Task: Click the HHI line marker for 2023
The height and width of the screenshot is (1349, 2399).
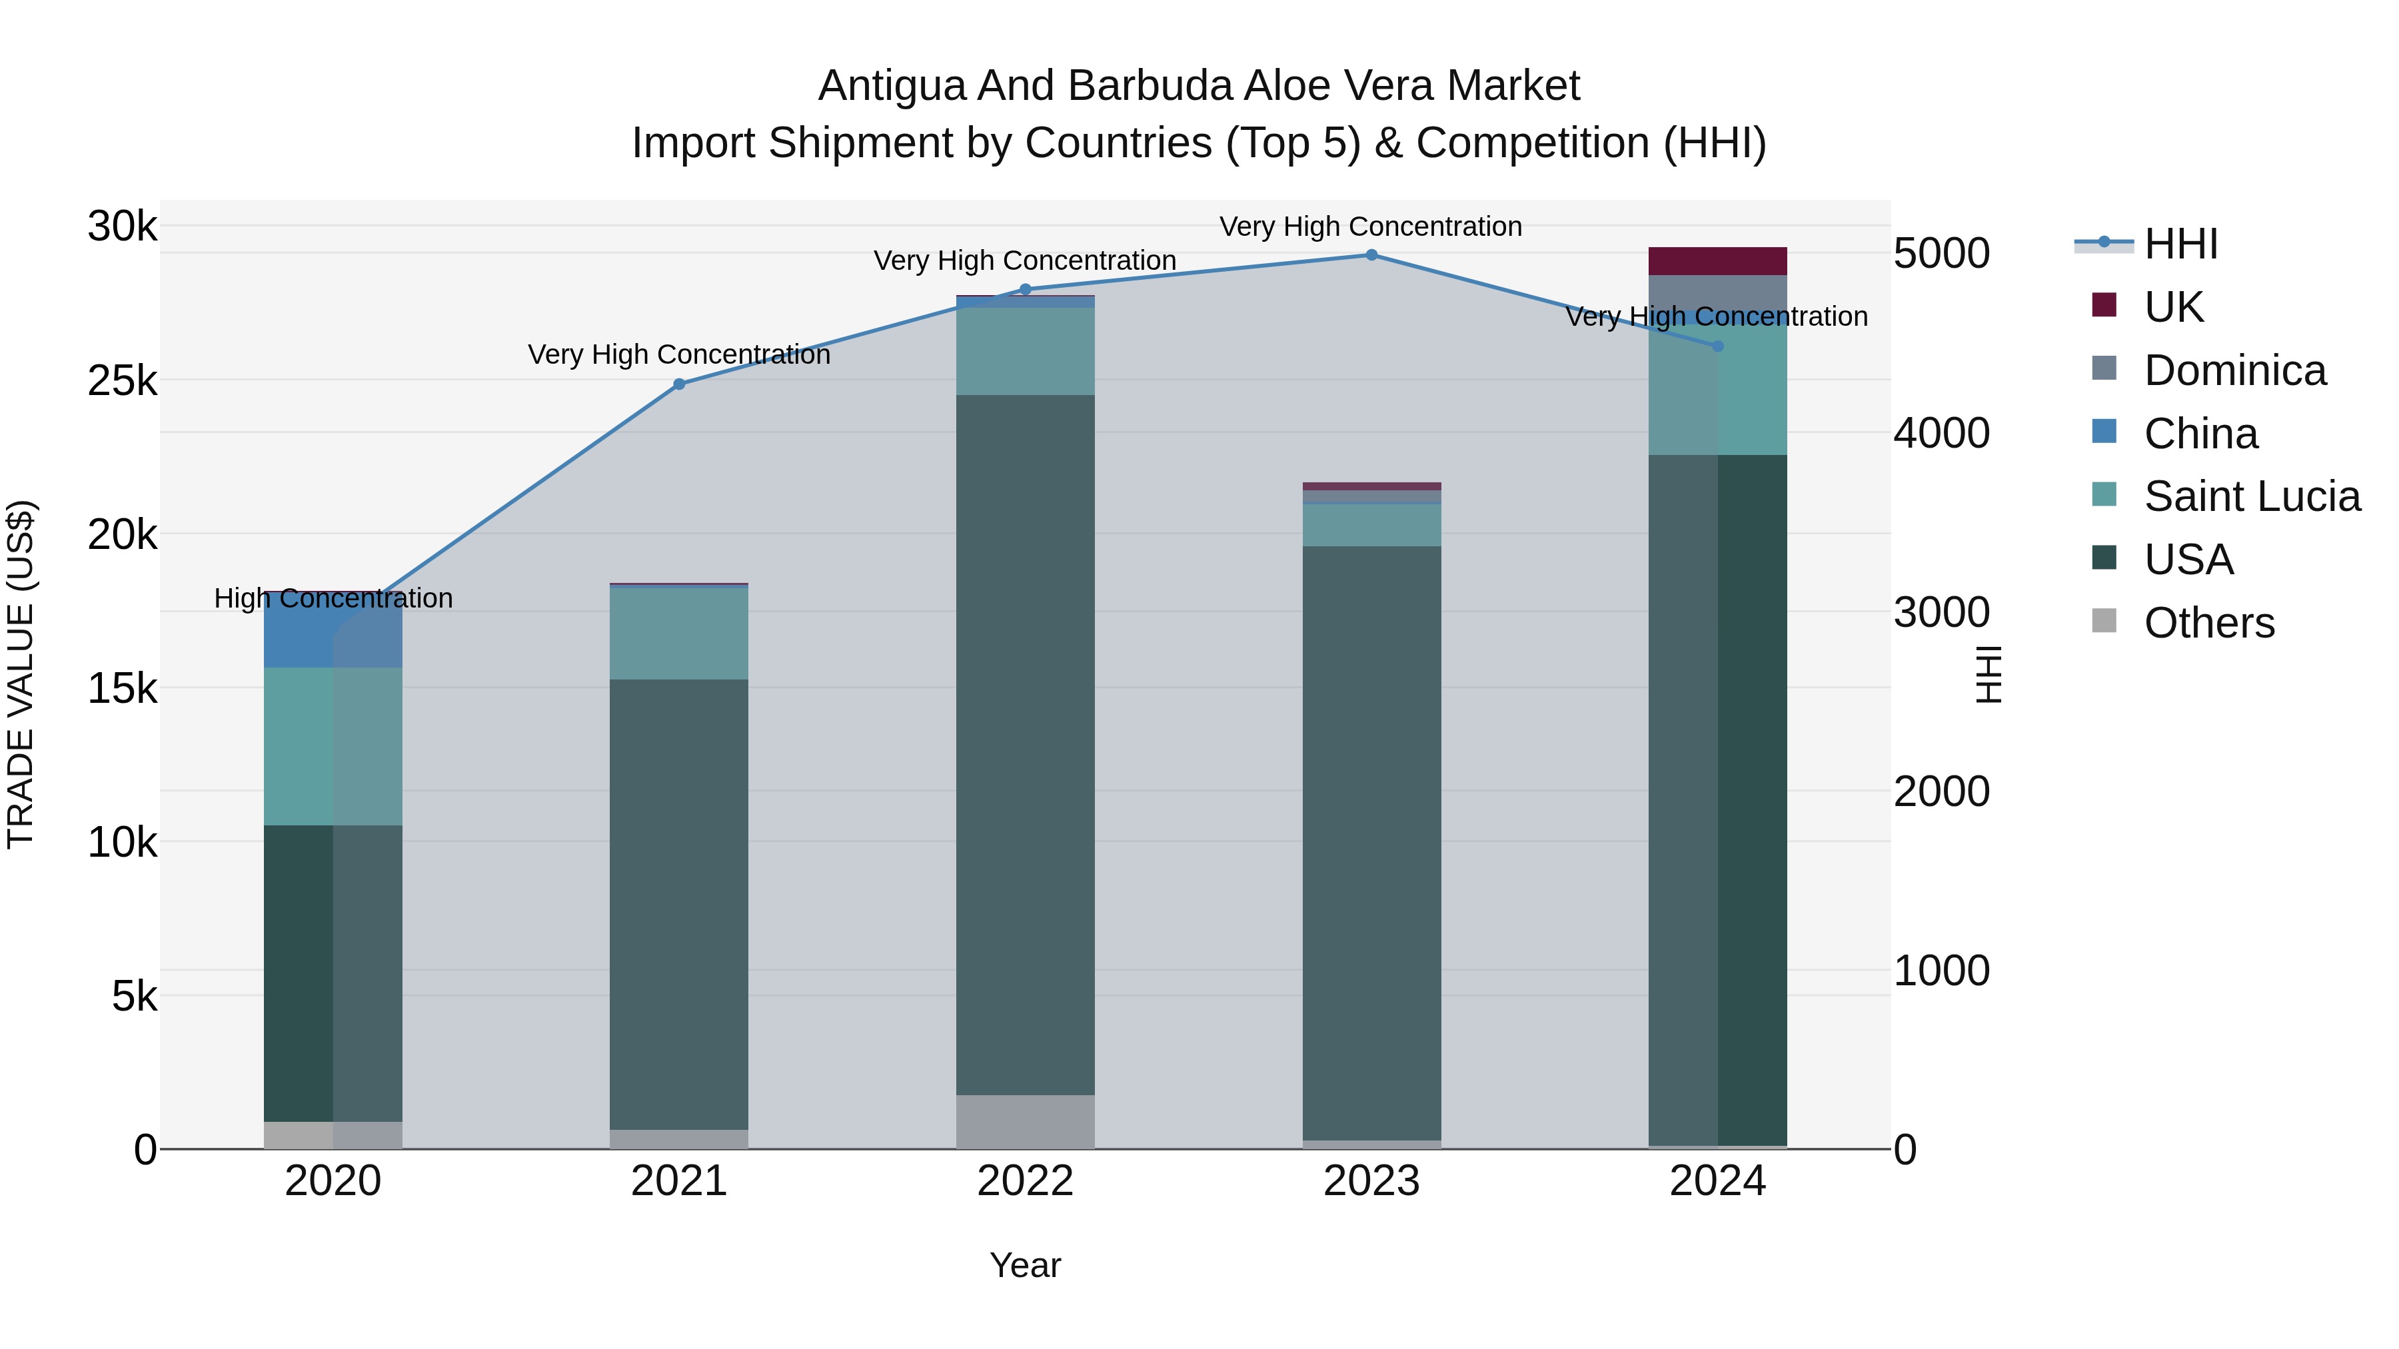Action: click(1371, 254)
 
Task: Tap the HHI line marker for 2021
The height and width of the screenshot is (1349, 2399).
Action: click(679, 384)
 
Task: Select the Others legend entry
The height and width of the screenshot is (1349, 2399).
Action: click(2208, 622)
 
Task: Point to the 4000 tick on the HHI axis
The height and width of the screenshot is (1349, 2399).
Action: click(1942, 433)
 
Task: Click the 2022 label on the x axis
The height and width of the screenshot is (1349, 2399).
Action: click(1026, 1181)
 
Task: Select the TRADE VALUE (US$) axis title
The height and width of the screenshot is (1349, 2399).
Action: click(21, 674)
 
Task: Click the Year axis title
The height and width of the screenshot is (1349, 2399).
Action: click(1026, 1265)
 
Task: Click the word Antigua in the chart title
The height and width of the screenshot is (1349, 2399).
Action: click(892, 86)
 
